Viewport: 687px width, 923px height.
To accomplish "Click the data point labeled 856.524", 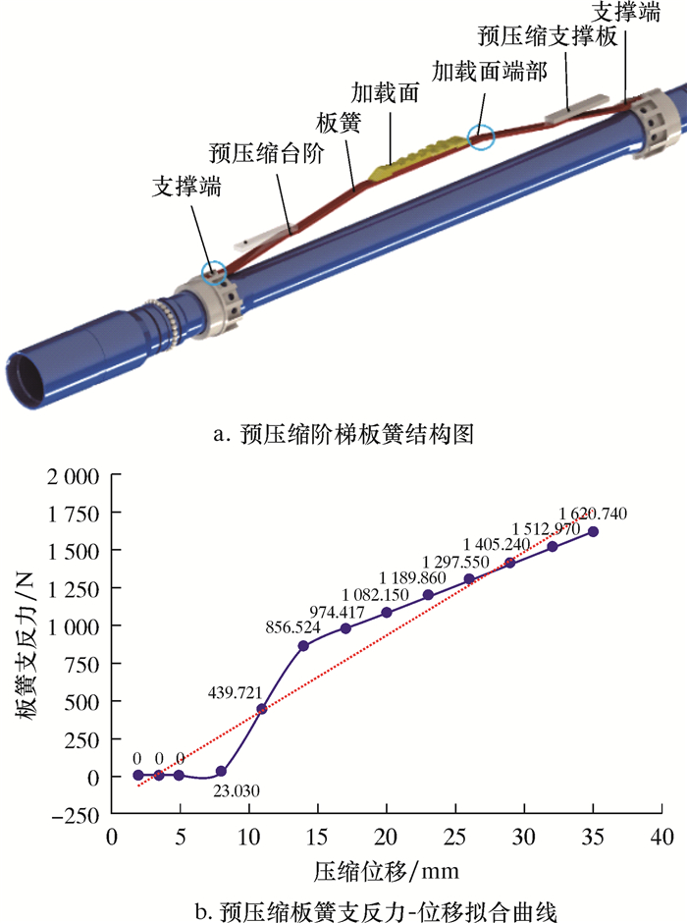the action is (x=303, y=646).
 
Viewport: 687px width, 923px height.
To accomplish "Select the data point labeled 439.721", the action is (x=262, y=709).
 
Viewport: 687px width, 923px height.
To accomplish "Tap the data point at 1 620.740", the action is (x=593, y=531).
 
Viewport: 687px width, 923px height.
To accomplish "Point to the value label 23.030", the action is (x=236, y=790).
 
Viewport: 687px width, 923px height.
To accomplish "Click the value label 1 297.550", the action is (x=455, y=563).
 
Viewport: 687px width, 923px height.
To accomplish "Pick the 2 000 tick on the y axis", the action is (x=73, y=476).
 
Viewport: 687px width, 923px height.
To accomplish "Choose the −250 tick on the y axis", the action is (x=76, y=815).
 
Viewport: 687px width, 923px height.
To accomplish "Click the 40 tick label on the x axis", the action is (x=661, y=837).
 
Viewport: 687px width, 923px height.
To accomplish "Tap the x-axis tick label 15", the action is (x=318, y=837).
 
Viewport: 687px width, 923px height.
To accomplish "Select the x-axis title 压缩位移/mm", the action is (x=386, y=871).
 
